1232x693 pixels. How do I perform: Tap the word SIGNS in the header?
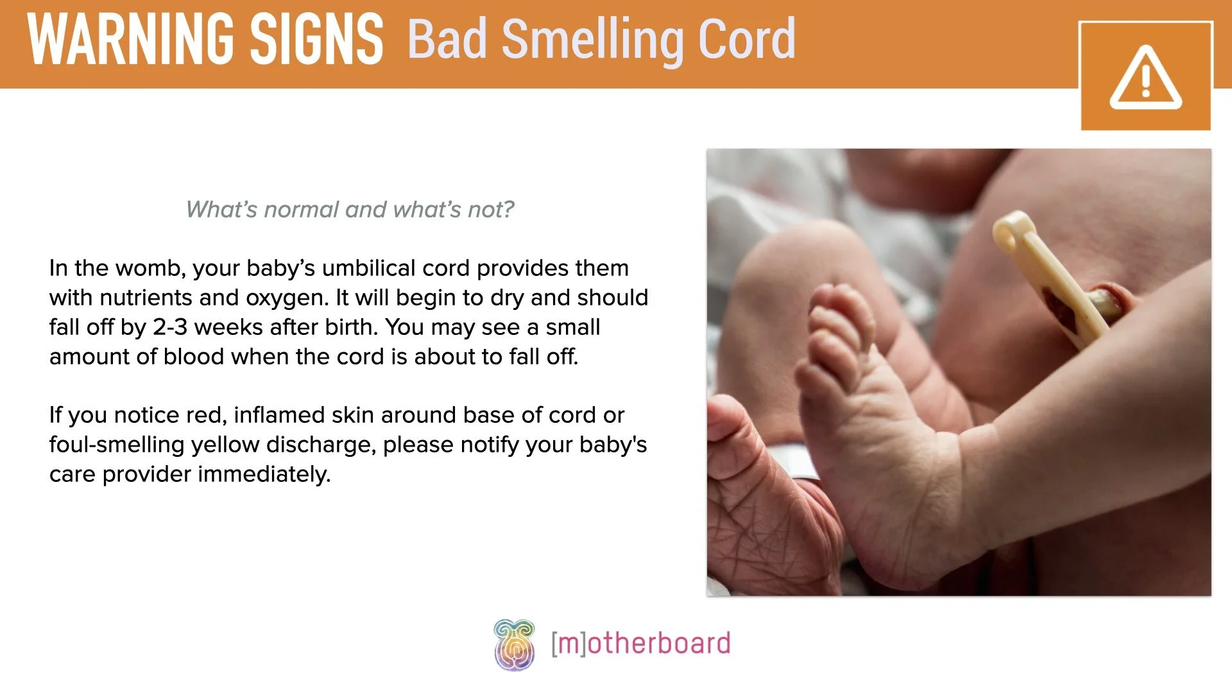[x=316, y=40]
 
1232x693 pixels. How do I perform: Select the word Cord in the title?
[x=746, y=40]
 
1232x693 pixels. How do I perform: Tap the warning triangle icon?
[x=1145, y=77]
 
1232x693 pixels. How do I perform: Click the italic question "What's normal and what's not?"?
[x=350, y=210]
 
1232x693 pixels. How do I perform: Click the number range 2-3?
[x=170, y=327]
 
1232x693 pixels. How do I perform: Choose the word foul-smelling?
[x=117, y=445]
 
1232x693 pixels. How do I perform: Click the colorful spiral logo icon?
[x=514, y=644]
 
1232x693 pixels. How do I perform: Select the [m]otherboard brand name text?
[x=640, y=644]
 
